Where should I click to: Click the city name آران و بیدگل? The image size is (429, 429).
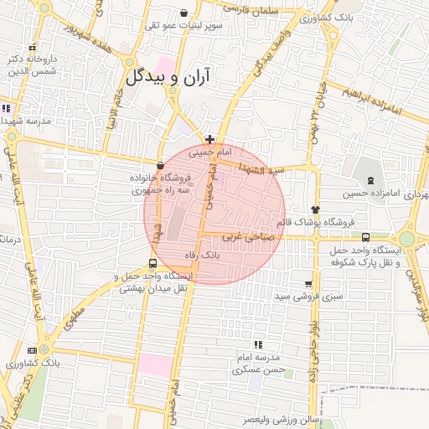(x=179, y=78)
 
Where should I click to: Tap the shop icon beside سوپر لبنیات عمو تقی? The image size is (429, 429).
(x=184, y=13)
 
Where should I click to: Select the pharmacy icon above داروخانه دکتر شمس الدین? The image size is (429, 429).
(x=33, y=47)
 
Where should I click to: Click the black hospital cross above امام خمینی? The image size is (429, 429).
(x=209, y=138)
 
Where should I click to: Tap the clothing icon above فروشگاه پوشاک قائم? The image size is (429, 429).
(x=316, y=209)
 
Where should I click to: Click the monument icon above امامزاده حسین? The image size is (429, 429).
(x=370, y=181)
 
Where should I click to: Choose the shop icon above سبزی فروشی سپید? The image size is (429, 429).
(x=308, y=284)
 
